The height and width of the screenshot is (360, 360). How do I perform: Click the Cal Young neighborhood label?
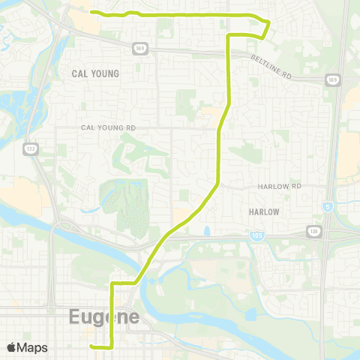coord(95,73)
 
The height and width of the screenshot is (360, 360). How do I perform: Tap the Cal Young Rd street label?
coord(109,128)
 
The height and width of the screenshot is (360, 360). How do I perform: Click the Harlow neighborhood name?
coord(263,212)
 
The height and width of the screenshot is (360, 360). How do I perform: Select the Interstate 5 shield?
coord(328,205)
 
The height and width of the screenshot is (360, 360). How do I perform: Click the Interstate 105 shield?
coord(256,235)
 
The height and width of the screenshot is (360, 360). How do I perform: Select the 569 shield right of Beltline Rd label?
coord(331,79)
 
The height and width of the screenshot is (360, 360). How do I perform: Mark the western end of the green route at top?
coord(91,12)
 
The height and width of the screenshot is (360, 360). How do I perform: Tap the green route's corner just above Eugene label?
coord(112,284)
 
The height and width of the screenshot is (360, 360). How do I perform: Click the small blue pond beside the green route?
coord(206,231)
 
